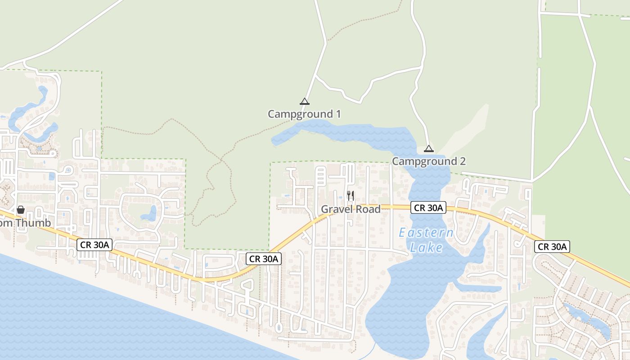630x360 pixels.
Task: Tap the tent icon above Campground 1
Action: tap(305, 101)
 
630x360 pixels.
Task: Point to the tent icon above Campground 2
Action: tap(429, 148)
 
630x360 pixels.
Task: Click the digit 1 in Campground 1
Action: tap(337, 114)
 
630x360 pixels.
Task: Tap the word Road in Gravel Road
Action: tap(368, 209)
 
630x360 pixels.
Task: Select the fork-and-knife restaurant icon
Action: tap(351, 195)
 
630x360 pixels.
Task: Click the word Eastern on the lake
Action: tap(426, 233)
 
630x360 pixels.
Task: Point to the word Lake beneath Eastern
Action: tap(427, 247)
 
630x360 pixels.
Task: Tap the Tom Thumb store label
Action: tap(25, 223)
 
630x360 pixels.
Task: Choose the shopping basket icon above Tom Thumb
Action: tap(20, 210)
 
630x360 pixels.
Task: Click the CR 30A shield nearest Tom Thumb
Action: tap(94, 245)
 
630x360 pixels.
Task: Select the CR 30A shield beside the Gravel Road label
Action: tap(428, 207)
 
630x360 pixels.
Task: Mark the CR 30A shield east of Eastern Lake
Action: tap(552, 247)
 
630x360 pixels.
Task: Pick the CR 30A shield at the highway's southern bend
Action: tap(264, 259)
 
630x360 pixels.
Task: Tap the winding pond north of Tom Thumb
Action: tap(31, 108)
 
